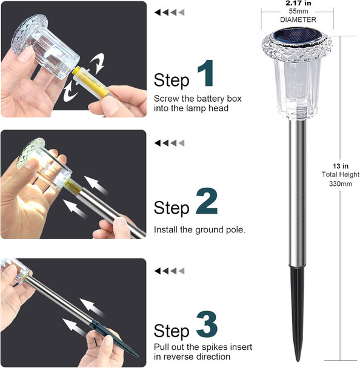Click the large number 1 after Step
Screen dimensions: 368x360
(206, 74)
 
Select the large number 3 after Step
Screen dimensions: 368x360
(207, 326)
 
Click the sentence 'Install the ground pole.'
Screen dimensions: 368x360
(199, 230)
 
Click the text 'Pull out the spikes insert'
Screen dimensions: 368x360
(202, 347)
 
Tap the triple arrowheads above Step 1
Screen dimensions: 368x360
(170, 12)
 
